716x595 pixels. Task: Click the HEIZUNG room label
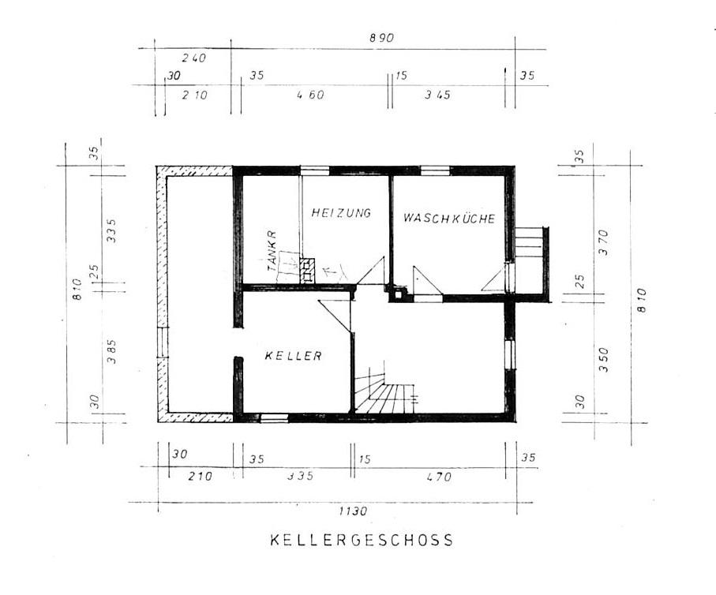point(340,213)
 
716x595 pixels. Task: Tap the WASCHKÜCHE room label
point(449,219)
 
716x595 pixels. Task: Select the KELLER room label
point(293,356)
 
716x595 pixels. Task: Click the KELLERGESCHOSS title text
point(362,541)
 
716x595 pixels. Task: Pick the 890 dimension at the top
point(380,38)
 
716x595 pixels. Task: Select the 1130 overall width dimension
point(353,511)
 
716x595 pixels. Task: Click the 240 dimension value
point(193,58)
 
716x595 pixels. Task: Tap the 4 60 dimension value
point(310,95)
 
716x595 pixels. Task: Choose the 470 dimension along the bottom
point(439,477)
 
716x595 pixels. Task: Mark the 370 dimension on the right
point(604,240)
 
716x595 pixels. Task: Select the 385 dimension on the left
point(111,350)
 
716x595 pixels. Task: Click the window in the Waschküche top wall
point(434,170)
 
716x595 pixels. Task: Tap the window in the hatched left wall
point(161,342)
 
